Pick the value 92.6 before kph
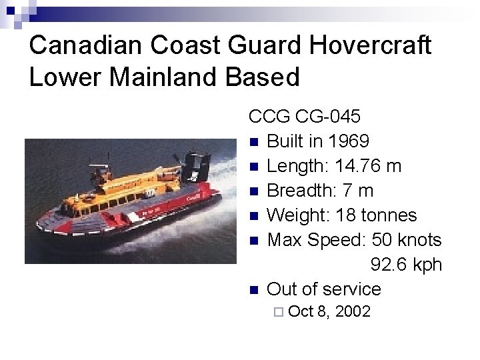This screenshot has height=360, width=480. [x=389, y=265]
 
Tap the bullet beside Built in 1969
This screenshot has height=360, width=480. [x=253, y=142]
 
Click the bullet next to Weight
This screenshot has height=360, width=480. [x=253, y=216]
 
